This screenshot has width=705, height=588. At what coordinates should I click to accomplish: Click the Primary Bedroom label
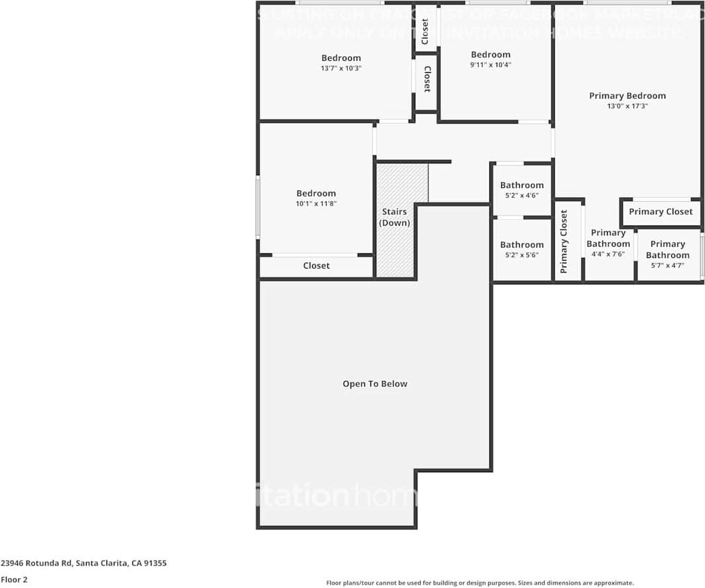point(627,96)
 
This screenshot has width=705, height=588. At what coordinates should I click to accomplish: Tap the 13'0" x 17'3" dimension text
point(627,106)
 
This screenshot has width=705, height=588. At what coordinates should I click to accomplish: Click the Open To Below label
point(374,384)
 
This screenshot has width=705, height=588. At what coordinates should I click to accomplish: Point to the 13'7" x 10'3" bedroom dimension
point(341,68)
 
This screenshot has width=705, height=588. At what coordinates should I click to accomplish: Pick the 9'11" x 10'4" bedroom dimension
point(490,65)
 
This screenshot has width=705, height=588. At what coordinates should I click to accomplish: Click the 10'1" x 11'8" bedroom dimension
point(316,204)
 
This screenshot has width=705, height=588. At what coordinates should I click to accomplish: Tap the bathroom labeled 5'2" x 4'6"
point(522,190)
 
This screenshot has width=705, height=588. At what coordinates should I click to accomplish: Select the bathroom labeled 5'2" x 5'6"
point(522,249)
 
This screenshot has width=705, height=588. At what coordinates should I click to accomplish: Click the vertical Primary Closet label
point(564,241)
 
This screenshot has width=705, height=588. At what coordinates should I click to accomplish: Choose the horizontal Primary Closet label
point(660,212)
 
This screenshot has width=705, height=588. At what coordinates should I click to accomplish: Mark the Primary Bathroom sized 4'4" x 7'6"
point(608,243)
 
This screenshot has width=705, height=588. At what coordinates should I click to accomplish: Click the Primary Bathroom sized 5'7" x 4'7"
point(667,254)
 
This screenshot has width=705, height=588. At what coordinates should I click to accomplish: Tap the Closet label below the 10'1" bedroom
point(316,266)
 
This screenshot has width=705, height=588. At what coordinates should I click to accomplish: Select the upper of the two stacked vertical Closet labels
point(425,31)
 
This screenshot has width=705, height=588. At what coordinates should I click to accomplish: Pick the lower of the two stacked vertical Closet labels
point(427,79)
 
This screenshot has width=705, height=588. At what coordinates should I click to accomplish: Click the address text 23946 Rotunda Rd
point(83,564)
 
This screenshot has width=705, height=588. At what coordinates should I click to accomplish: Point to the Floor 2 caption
point(14,579)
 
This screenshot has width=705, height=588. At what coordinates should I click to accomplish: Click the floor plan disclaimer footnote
point(479,583)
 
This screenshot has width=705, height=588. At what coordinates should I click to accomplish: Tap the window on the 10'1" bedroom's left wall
point(258,206)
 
